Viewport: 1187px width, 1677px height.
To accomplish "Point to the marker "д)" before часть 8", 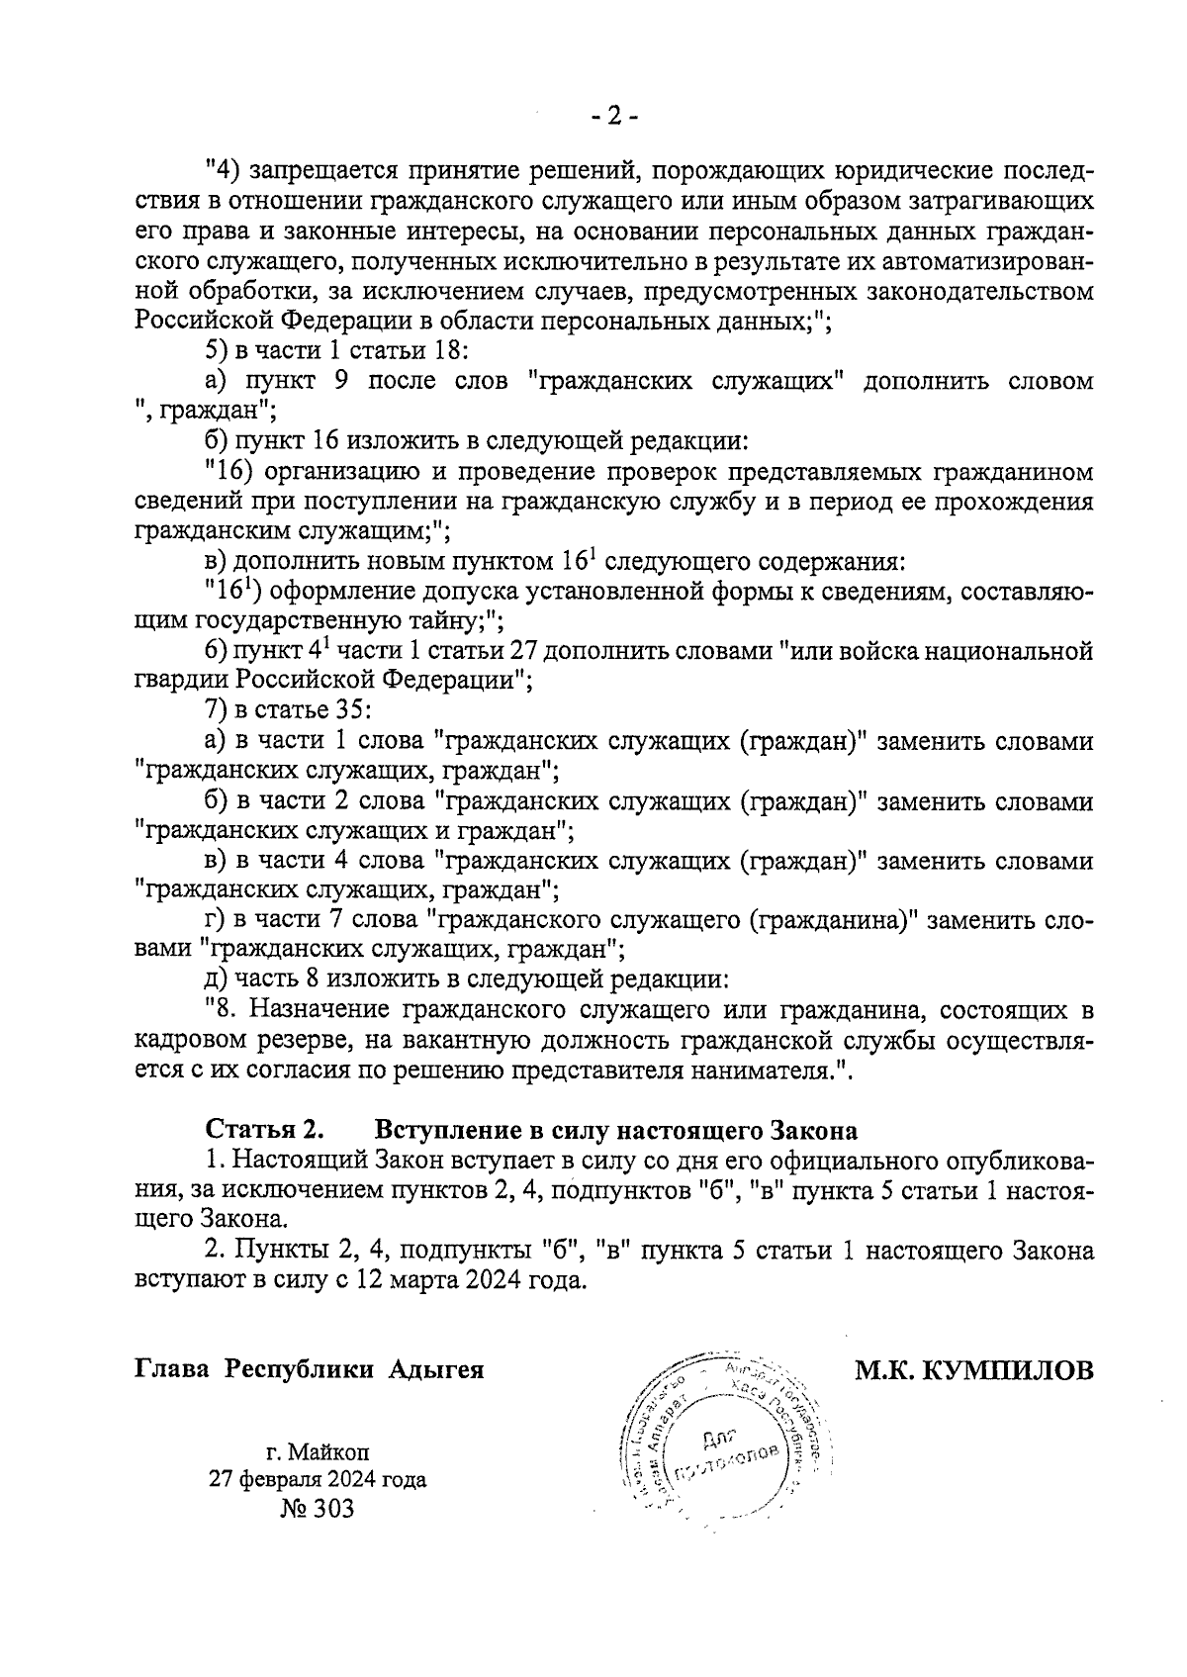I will pos(217,980).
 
